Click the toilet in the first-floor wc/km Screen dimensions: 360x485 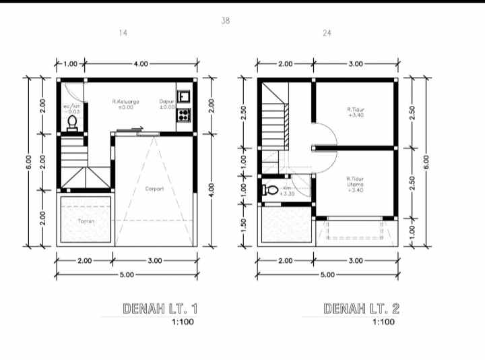[x=72, y=122]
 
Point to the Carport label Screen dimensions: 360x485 [x=154, y=189]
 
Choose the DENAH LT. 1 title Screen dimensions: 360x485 [x=160, y=309]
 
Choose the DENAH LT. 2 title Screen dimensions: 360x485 [x=362, y=309]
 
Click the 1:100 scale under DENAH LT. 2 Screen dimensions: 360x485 [x=383, y=322]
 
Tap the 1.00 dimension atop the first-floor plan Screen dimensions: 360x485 [x=71, y=63]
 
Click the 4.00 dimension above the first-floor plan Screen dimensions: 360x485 [x=141, y=63]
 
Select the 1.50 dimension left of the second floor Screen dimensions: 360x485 [x=245, y=222]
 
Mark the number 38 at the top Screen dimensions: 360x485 [x=225, y=21]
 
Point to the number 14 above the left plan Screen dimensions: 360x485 [x=123, y=32]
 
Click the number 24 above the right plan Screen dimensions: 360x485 [x=327, y=32]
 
